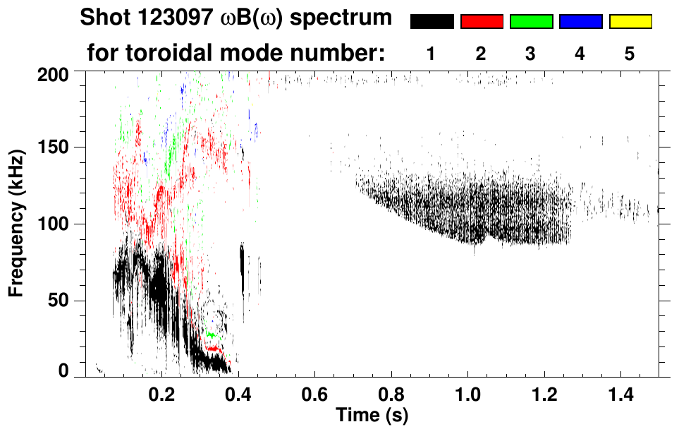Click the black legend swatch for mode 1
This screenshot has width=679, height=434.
[x=432, y=22]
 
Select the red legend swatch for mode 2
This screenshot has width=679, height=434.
[x=482, y=22]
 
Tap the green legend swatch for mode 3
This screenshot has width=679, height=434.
[x=531, y=22]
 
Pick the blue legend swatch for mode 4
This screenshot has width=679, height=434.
[x=580, y=22]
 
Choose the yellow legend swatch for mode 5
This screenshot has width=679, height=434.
[x=630, y=22]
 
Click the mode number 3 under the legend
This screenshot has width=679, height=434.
[x=531, y=54]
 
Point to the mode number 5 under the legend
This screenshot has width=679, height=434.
[x=630, y=54]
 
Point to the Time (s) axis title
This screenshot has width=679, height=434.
[x=372, y=414]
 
